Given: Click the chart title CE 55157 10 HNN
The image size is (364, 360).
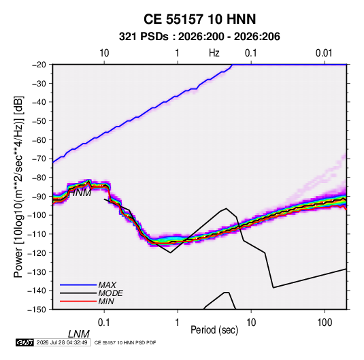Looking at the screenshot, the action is coord(199,19).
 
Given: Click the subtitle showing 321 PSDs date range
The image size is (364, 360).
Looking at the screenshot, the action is coord(199,37).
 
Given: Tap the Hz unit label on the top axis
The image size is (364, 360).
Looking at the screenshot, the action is coord(214,53).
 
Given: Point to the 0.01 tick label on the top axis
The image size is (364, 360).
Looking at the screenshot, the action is coord(324,53).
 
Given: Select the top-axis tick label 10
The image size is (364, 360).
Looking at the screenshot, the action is coord(104,53).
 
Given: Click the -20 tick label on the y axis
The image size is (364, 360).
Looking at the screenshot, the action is coord(39,65).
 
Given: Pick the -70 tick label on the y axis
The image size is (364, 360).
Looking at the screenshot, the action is coord(39,159).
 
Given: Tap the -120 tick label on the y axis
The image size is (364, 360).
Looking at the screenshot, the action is coord(37,252).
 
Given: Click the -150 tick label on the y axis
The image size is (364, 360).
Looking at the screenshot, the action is coord(37,310).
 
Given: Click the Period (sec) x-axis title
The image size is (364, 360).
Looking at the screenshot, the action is coord(214,330).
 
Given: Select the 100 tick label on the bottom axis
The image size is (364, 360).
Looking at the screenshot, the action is coord(325,323).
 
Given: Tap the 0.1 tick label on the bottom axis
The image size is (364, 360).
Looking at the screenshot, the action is coord(104,323).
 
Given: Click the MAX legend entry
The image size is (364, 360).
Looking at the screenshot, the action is coord(107,285).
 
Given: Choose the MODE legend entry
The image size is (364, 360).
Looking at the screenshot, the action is coord(110,293).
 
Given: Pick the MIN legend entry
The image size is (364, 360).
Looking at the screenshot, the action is coord(106,301).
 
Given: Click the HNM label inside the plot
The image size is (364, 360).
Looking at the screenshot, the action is coord(80,193).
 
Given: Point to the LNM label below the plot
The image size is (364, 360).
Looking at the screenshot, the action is coord(78,334).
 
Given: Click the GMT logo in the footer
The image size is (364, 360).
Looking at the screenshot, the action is coord(24,342).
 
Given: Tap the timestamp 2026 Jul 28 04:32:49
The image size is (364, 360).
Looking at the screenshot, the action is coord(62,342).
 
